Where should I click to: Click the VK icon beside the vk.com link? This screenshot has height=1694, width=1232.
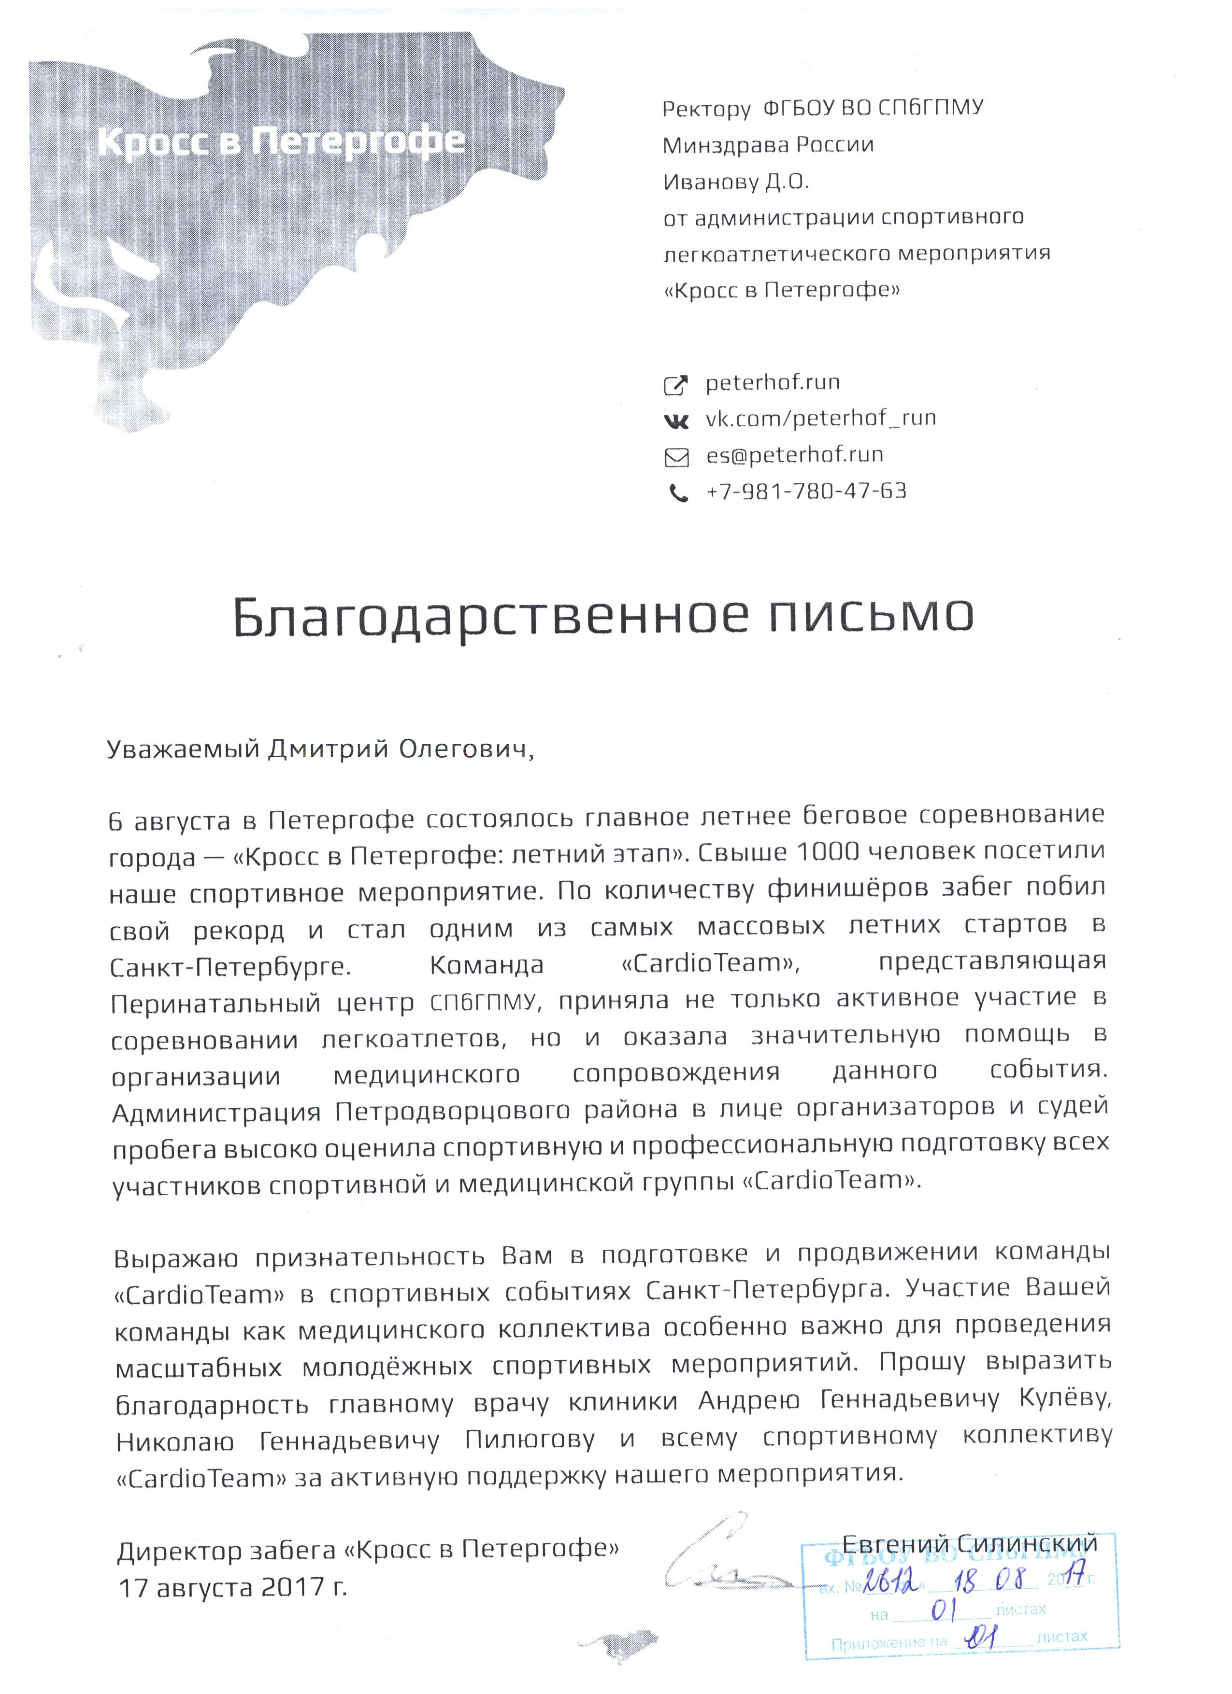(677, 422)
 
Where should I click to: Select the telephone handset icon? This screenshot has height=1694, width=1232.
(678, 494)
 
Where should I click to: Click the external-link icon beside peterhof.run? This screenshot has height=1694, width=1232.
(676, 385)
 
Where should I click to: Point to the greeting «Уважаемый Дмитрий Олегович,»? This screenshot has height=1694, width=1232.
(321, 749)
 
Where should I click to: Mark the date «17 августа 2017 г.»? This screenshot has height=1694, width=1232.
(233, 1586)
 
